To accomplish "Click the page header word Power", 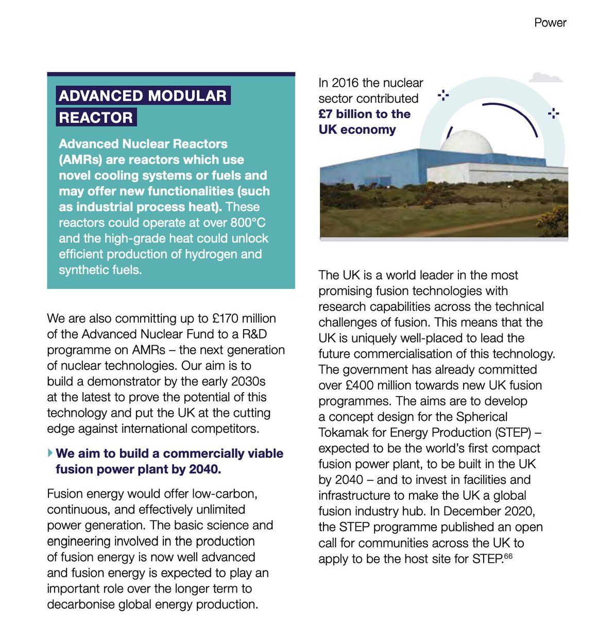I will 550,23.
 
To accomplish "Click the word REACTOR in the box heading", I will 96,118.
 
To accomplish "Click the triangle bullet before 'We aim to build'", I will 50,453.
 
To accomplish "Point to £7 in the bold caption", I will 326,115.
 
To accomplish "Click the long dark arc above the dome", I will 510,116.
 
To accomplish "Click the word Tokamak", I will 343,433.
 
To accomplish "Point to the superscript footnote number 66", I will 508,557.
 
